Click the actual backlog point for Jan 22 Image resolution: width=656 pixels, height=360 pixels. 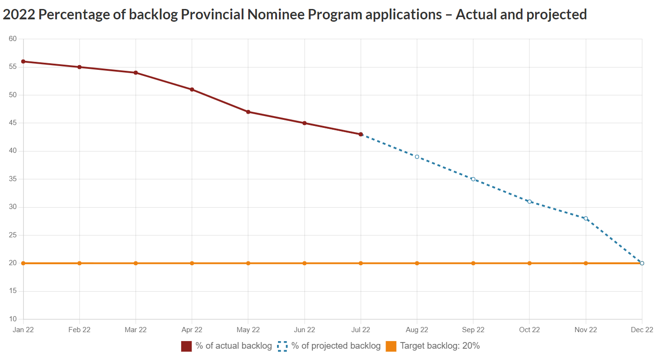pyautogui.click(x=23, y=61)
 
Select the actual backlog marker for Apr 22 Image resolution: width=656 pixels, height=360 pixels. pyautogui.click(x=192, y=89)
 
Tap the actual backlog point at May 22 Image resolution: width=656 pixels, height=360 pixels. pyautogui.click(x=248, y=112)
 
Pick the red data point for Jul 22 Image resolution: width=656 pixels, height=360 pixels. pyautogui.click(x=361, y=134)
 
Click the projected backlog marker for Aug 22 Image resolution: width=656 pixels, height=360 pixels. pyautogui.click(x=417, y=157)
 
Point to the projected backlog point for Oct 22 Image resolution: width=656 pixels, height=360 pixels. pyautogui.click(x=530, y=201)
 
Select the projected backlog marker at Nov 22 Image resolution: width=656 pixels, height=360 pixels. pyautogui.click(x=586, y=218)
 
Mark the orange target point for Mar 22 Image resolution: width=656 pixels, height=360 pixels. pyautogui.click(x=136, y=263)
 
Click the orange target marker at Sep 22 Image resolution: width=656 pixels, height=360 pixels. pyautogui.click(x=473, y=263)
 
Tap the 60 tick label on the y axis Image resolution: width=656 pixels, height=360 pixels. pyautogui.click(x=13, y=39)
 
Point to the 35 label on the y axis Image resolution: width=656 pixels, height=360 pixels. pyautogui.click(x=13, y=179)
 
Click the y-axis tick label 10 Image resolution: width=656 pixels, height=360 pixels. pyautogui.click(x=13, y=319)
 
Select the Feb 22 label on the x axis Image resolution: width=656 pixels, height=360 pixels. pyautogui.click(x=79, y=330)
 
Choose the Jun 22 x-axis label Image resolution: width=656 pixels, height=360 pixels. pyautogui.click(x=304, y=330)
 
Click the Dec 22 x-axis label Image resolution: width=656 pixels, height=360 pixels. pyautogui.click(x=642, y=330)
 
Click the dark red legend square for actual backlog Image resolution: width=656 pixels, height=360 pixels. pyautogui.click(x=186, y=346)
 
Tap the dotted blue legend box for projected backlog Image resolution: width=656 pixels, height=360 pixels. pyautogui.click(x=282, y=346)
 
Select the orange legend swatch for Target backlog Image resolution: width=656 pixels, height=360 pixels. pyautogui.click(x=391, y=346)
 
